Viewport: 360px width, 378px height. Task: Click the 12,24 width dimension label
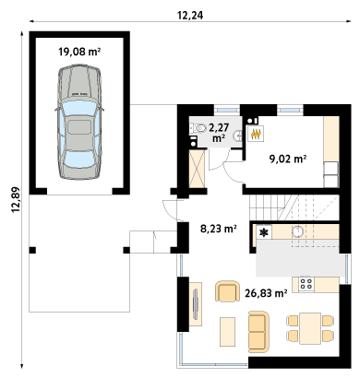coord(190,16)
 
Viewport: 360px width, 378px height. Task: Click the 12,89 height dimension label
coord(16,199)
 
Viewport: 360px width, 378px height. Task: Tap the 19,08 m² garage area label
coord(79,52)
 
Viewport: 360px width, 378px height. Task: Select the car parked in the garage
coord(79,122)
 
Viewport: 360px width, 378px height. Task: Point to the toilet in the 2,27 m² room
coord(198,128)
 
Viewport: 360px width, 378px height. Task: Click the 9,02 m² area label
coord(288,159)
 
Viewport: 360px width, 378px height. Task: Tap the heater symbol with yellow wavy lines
coord(256,134)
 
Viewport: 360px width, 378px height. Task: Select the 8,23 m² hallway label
coord(219,229)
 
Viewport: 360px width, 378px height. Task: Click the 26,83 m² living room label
coord(266,293)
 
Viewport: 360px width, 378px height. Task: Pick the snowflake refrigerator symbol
coord(264,233)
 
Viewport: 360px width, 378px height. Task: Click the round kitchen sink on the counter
coord(297,231)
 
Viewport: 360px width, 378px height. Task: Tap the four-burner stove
coord(306,284)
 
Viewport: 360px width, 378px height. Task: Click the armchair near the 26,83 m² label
coord(227,291)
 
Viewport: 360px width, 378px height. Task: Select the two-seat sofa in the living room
coord(258,332)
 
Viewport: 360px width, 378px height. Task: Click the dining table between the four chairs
coord(310,328)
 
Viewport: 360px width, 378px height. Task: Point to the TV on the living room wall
coord(195,304)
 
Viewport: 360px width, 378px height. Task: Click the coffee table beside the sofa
coord(227,332)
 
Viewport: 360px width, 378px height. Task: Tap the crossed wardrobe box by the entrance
coord(197,169)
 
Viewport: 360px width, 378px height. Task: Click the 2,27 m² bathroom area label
coord(219,133)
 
